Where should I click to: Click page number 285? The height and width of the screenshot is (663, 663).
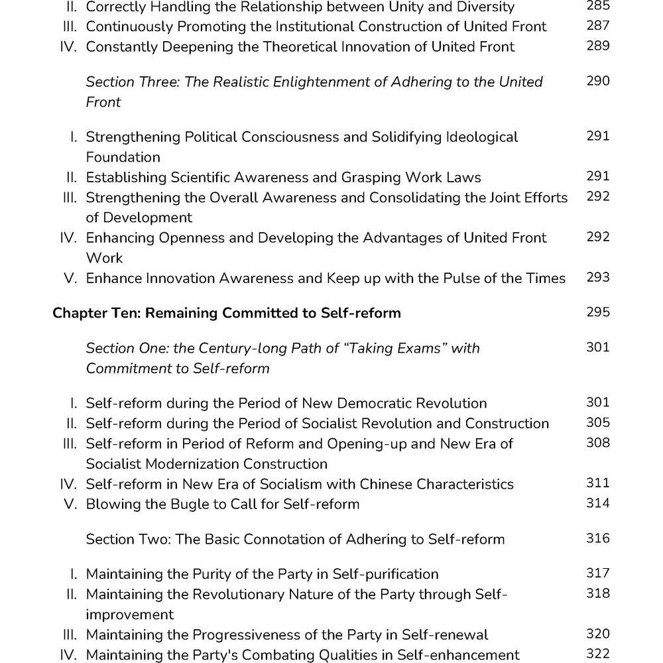[597, 6]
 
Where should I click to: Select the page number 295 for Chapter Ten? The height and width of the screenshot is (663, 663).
[597, 312]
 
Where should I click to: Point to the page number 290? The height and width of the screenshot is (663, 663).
[597, 81]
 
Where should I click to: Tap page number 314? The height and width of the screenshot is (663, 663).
[597, 503]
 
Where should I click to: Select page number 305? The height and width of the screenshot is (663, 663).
[597, 423]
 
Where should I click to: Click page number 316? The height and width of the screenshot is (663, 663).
[597, 538]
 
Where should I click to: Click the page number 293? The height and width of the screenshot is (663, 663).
[597, 278]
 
